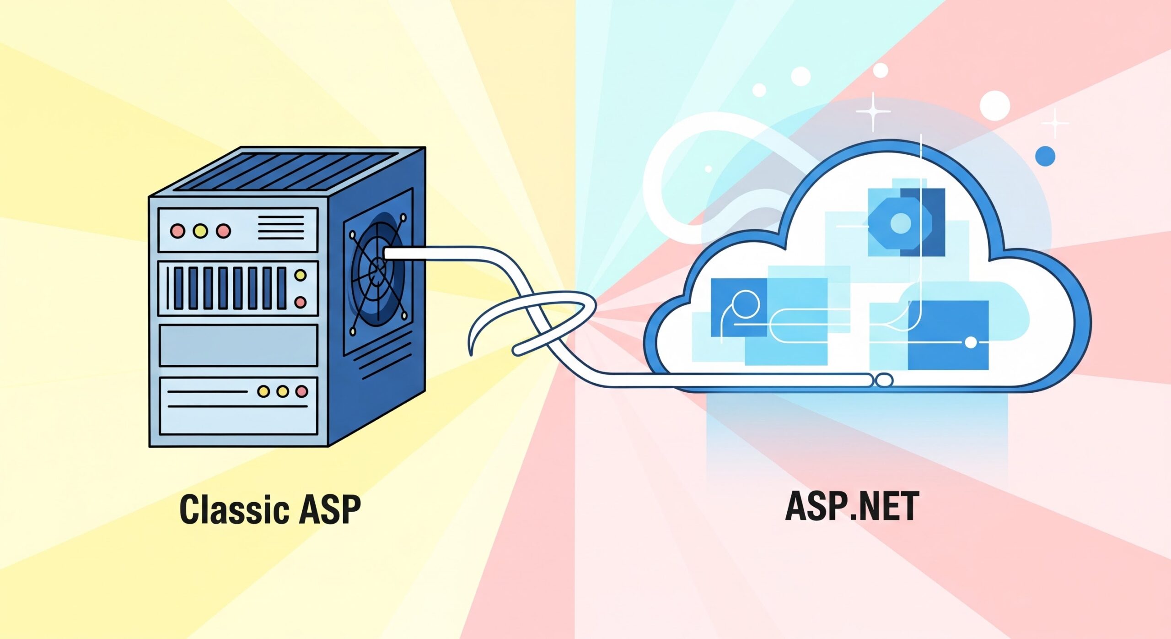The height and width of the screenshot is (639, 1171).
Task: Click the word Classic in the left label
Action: click(234, 509)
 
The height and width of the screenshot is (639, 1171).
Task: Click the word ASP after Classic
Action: click(329, 509)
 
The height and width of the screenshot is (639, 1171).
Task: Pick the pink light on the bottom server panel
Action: click(301, 391)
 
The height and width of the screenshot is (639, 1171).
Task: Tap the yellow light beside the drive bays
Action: click(301, 275)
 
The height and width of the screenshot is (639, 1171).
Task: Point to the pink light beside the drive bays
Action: click(301, 302)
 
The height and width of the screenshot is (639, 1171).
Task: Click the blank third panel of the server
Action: click(238, 345)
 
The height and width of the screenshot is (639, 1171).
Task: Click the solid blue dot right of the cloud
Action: click(1045, 157)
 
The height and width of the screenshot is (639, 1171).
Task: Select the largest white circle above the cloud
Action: click(995, 105)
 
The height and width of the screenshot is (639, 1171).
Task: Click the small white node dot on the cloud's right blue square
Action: click(970, 342)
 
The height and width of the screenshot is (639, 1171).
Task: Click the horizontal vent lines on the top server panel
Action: click(281, 227)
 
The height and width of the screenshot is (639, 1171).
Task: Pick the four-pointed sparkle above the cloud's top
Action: click(873, 111)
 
